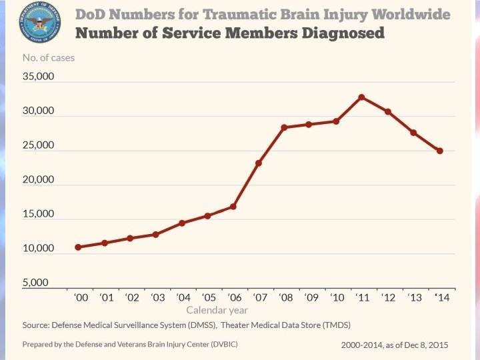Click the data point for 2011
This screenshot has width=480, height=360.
(361, 97)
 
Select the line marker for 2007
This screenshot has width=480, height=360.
(259, 163)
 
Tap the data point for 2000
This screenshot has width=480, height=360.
(78, 247)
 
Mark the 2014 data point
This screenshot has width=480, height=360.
(440, 151)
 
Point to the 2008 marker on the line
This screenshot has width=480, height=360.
(284, 127)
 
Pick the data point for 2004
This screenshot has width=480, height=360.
(182, 223)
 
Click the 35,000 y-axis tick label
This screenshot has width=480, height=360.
(38, 76)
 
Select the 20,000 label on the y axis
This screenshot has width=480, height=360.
(38, 180)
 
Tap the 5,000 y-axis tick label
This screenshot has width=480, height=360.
(35, 283)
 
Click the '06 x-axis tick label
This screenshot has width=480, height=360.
(234, 298)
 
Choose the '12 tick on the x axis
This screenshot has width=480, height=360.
(389, 298)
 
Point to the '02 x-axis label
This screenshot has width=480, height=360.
(131, 298)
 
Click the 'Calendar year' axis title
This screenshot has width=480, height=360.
(217, 310)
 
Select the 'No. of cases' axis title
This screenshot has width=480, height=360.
(49, 58)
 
